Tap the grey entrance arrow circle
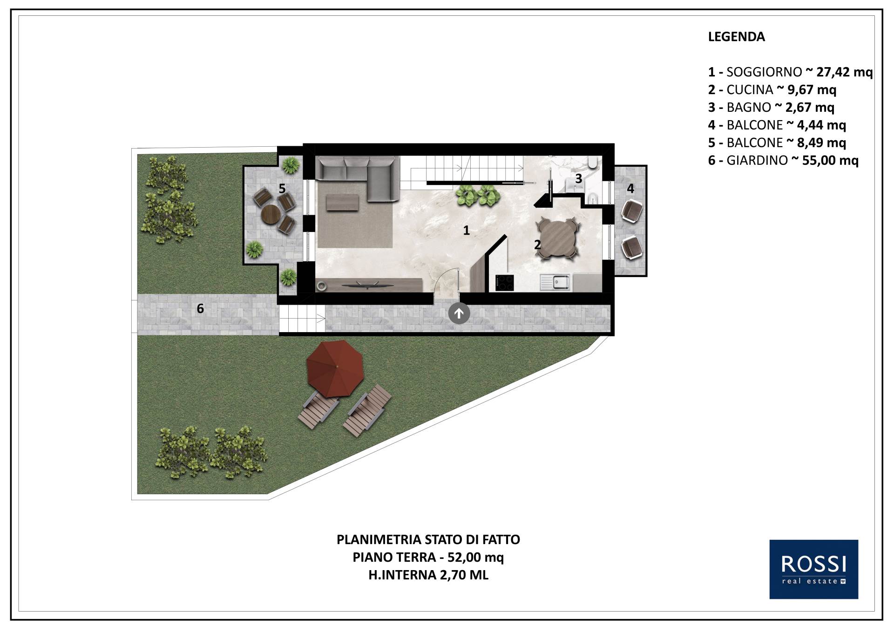tap(459, 314)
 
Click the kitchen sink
tap(555, 282)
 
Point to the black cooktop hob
tap(505, 283)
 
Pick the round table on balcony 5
tap(271, 216)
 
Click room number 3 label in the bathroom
tap(579, 178)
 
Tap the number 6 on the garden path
tap(200, 308)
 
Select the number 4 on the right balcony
tap(630, 188)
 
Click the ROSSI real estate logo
tap(813, 576)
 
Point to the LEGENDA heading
tap(736, 37)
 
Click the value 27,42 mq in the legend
tap(845, 72)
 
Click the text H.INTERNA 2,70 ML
tap(428, 575)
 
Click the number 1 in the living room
tap(466, 230)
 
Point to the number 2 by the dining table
tap(537, 245)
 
